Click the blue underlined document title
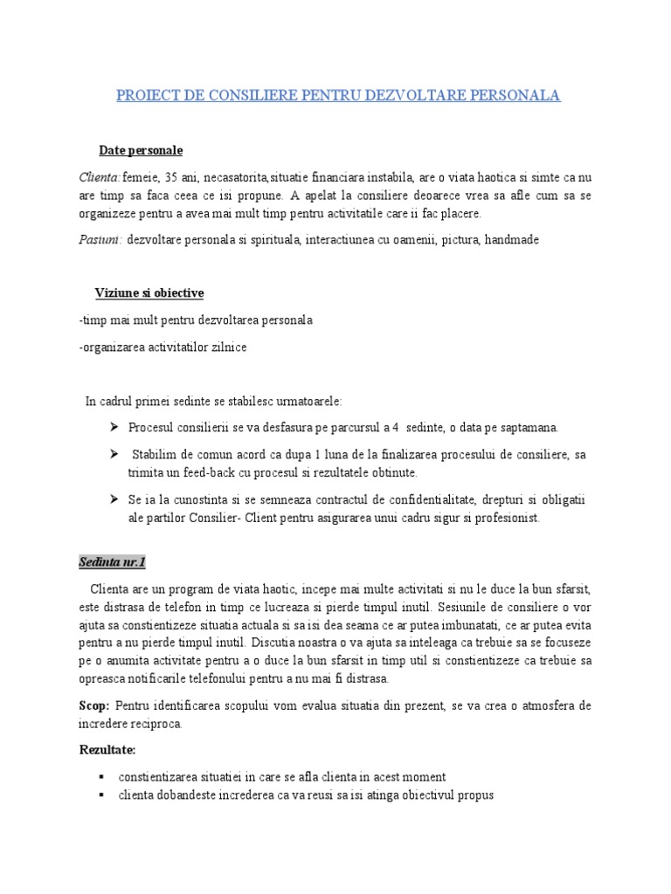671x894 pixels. click(x=338, y=95)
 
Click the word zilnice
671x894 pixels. click(x=227, y=347)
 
